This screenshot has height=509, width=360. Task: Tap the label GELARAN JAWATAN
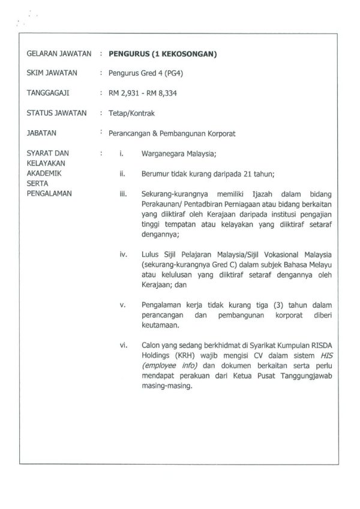click(59, 54)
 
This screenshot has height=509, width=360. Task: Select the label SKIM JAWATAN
click(52, 74)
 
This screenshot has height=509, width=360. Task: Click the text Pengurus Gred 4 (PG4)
click(143, 74)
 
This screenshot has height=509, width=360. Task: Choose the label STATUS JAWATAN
click(57, 113)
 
